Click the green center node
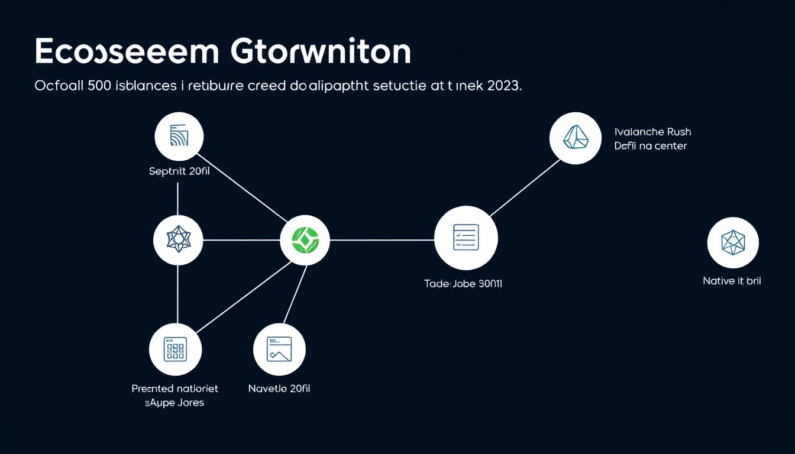(305, 239)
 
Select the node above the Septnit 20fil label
(179, 137)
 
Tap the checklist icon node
(466, 238)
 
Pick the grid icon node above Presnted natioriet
(174, 349)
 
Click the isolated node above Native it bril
(733, 243)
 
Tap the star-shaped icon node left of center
(178, 239)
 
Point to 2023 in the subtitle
(504, 86)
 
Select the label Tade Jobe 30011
(463, 284)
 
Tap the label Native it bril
(732, 281)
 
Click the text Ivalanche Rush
(652, 132)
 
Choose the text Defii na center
(650, 146)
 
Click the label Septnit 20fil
(179, 172)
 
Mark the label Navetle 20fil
(279, 388)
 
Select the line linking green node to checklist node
(382, 240)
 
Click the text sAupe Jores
(174, 403)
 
